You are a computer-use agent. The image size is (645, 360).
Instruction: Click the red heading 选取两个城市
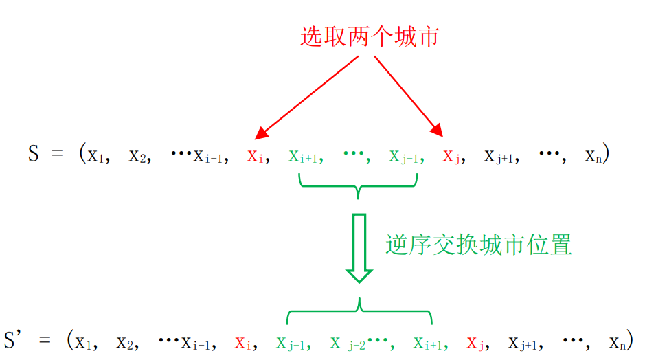[369, 36]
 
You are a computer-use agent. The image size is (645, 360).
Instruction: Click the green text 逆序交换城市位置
[479, 245]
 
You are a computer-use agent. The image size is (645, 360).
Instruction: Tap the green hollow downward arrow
[359, 248]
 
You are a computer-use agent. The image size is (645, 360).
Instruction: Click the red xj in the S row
[451, 156]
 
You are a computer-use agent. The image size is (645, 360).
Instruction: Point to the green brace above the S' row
[359, 313]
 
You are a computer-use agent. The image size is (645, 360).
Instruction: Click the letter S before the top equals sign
[34, 153]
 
